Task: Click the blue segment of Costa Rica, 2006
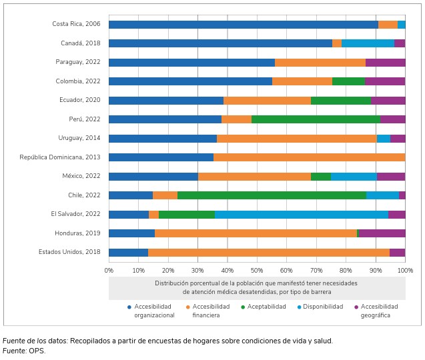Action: tap(244, 25)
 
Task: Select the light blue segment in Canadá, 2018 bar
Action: tap(368, 43)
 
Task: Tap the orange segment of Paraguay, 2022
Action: tap(320, 63)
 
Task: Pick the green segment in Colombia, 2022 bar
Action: tap(348, 81)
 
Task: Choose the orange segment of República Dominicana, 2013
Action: tap(309, 157)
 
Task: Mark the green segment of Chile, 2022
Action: tap(272, 195)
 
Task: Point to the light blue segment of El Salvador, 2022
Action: tap(302, 215)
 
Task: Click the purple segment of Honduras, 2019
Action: tap(382, 233)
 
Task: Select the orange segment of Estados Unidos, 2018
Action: tap(269, 253)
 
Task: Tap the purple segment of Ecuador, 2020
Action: tap(388, 101)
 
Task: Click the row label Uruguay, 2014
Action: tap(79, 139)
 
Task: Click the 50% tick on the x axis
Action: tap(257, 270)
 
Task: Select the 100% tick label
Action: tap(405, 270)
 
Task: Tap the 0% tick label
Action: tap(109, 270)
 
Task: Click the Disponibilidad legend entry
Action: tap(323, 307)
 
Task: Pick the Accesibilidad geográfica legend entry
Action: tap(379, 311)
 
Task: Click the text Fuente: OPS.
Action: tap(25, 351)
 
